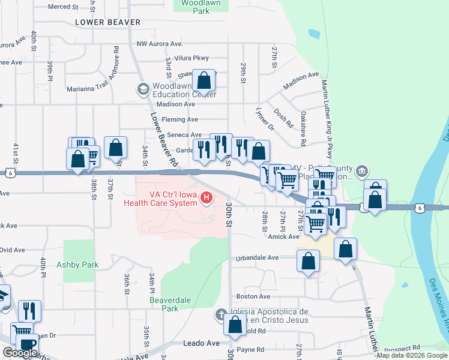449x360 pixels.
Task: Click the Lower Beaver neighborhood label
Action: [x=108, y=22]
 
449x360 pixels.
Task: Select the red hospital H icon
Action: [x=206, y=197]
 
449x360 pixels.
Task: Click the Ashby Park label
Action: [x=77, y=264]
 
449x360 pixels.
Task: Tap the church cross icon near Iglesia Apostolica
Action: [x=220, y=314]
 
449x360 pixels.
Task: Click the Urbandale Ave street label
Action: [x=256, y=257]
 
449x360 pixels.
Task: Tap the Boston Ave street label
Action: [x=253, y=296]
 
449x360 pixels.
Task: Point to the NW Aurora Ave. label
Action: [x=159, y=44]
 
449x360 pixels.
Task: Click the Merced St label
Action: [x=62, y=7]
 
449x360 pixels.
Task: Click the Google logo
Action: [x=19, y=353]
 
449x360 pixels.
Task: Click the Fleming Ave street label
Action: [x=184, y=119]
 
